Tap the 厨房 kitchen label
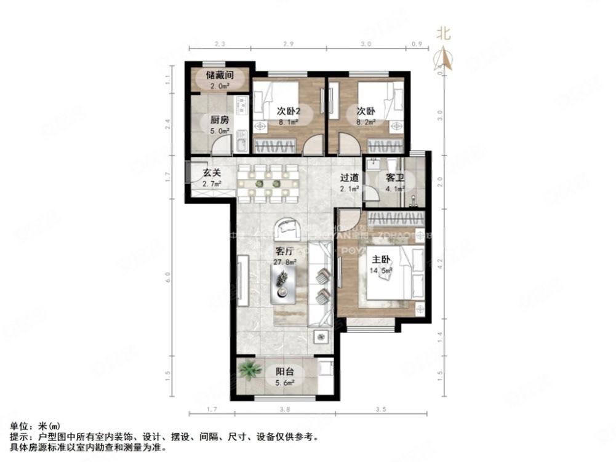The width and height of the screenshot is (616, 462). point(220,121)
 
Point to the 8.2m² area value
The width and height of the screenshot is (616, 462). point(367,122)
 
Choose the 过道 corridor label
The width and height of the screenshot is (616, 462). point(349,178)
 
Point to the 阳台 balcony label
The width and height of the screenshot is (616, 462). point(284,371)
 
